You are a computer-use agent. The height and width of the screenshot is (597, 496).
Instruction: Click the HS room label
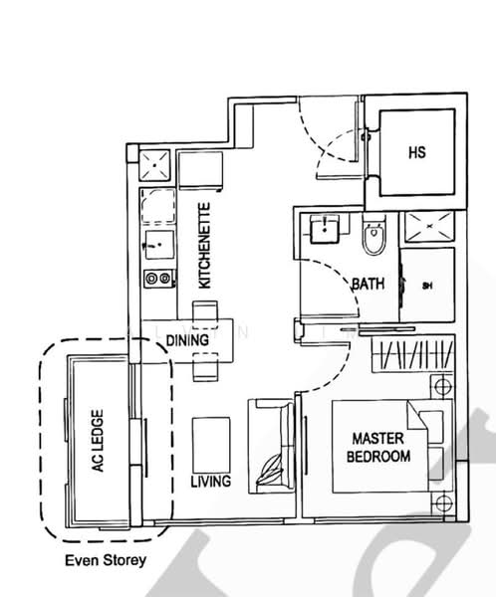pos(416,153)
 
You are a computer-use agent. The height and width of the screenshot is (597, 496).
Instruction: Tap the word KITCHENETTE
pos(205,246)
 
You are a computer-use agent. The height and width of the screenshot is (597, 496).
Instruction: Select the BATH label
pos(367,285)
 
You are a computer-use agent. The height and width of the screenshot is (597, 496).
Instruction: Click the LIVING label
pos(210,482)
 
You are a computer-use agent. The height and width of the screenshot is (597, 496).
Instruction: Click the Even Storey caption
pos(105,560)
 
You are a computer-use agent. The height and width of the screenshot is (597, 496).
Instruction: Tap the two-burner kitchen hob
pos(155,280)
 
